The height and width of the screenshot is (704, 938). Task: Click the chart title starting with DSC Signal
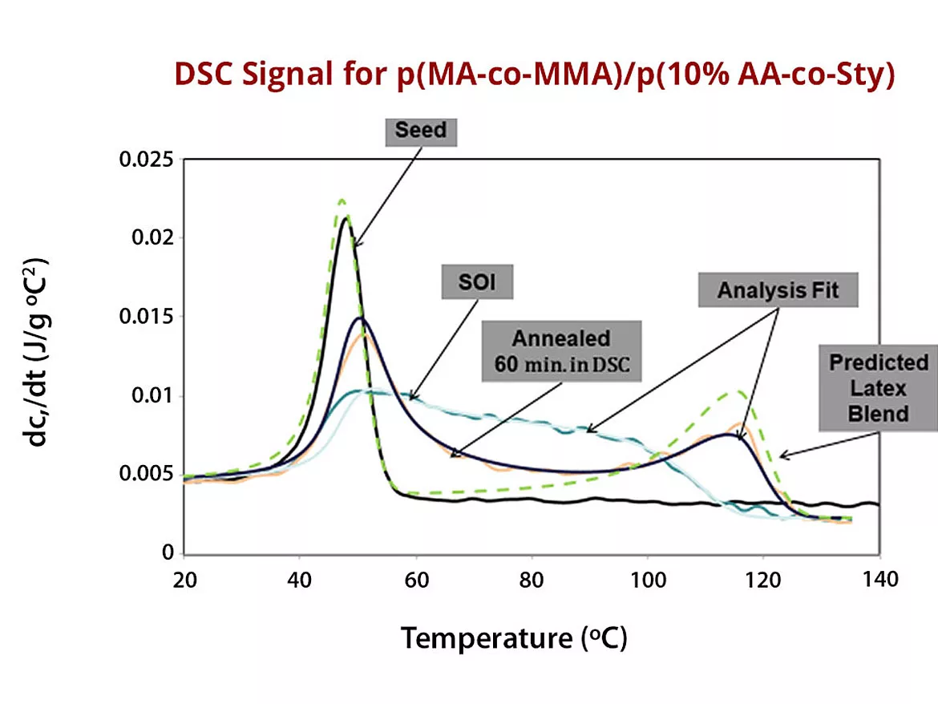(534, 74)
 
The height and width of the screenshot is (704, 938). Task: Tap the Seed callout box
(421, 131)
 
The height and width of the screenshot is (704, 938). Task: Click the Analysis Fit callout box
(778, 289)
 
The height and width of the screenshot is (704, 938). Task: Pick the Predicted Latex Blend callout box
(879, 388)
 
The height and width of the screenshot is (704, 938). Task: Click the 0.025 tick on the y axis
(146, 160)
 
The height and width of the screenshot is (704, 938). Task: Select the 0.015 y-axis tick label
(146, 317)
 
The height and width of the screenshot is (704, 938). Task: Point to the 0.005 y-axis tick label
(146, 474)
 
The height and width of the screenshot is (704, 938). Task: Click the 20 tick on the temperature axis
(184, 579)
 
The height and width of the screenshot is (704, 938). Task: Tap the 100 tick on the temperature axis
(648, 579)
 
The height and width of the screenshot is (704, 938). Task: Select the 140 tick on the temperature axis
(879, 579)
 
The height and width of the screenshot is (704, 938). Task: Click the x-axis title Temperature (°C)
(513, 639)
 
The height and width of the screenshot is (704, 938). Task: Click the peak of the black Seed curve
(345, 217)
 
